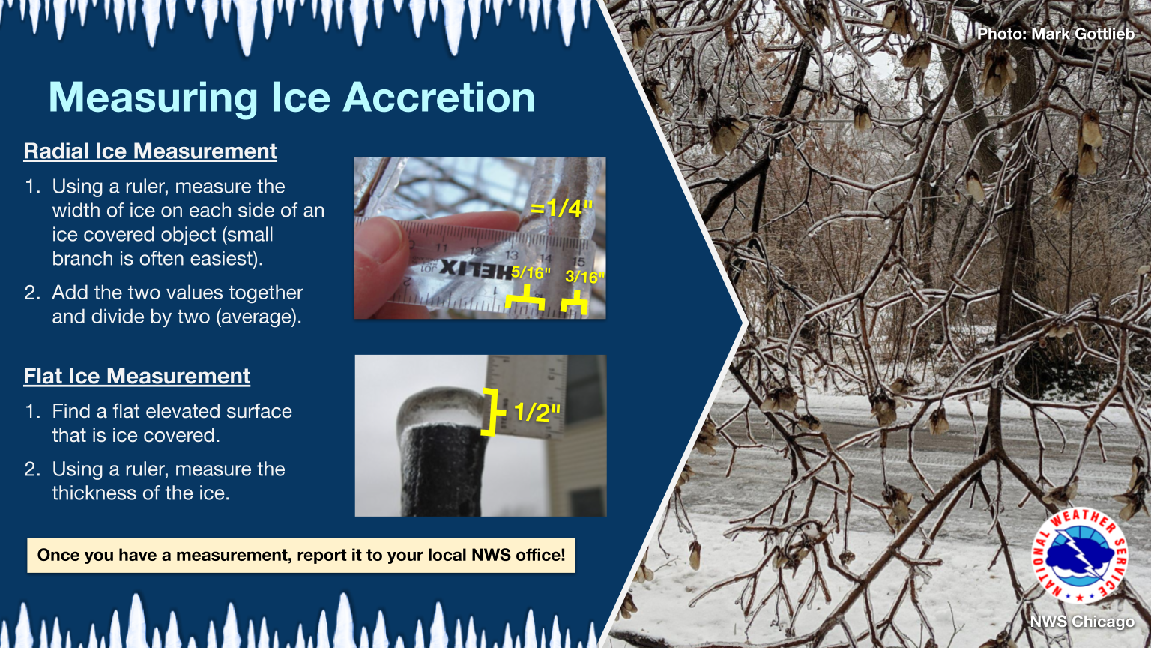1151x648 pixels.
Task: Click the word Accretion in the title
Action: (439, 97)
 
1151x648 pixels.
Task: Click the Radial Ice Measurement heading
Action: (150, 151)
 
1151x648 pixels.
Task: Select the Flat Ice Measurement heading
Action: (136, 376)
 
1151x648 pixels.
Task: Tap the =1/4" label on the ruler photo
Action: (561, 208)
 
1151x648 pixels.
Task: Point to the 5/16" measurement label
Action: (531, 272)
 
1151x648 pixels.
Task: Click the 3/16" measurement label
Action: (584, 277)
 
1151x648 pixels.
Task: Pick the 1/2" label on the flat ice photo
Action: (537, 412)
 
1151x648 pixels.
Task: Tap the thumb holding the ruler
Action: (380, 268)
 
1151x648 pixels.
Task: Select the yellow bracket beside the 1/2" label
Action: (492, 412)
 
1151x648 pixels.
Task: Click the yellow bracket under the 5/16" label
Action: (525, 298)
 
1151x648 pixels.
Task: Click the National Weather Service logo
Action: (1080, 556)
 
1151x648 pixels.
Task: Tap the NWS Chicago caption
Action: (1082, 622)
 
